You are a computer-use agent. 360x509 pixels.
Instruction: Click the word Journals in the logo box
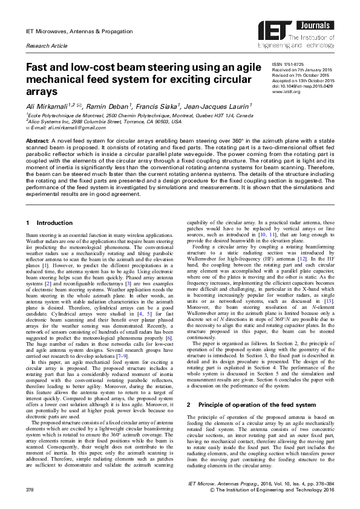click(309, 24)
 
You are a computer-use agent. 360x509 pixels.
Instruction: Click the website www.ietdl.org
click(287, 92)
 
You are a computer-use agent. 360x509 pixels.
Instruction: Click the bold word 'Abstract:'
click(37, 139)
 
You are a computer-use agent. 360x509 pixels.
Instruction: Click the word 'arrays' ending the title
click(42, 92)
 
